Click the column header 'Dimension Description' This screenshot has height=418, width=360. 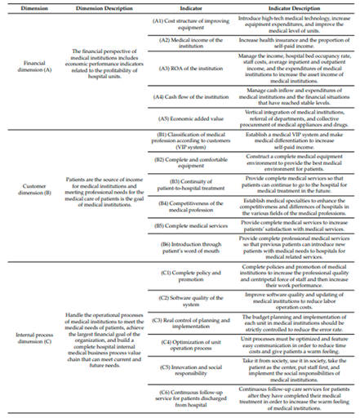coord(100,7)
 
